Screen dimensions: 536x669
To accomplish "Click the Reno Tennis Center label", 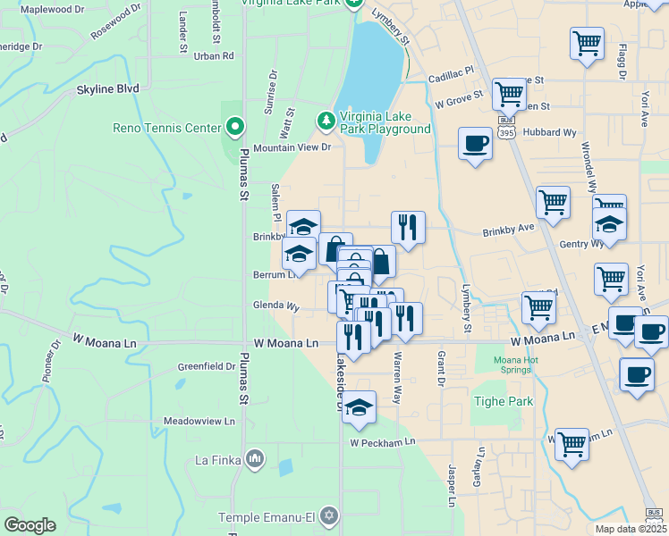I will tap(166, 128).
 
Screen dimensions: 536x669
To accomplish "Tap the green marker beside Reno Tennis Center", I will tap(234, 128).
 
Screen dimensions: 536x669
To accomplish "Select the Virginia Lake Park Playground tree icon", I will tap(326, 120).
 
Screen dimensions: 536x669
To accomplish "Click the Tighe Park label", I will tap(503, 402).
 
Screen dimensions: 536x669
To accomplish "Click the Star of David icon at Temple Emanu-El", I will tap(328, 517).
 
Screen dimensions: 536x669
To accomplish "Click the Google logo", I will tap(30, 525).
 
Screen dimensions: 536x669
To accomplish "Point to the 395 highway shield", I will tap(507, 131).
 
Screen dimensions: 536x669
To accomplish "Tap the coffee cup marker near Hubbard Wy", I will tap(475, 143).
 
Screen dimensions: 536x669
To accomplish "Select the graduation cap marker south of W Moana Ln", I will tap(359, 408).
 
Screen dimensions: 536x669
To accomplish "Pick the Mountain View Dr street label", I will tap(292, 147).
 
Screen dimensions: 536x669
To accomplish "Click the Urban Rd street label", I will tap(213, 55).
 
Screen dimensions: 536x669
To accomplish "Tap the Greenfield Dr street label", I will tap(206, 366).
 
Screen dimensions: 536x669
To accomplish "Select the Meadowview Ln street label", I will tap(199, 421).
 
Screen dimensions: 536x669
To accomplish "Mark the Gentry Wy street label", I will tap(581, 244).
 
